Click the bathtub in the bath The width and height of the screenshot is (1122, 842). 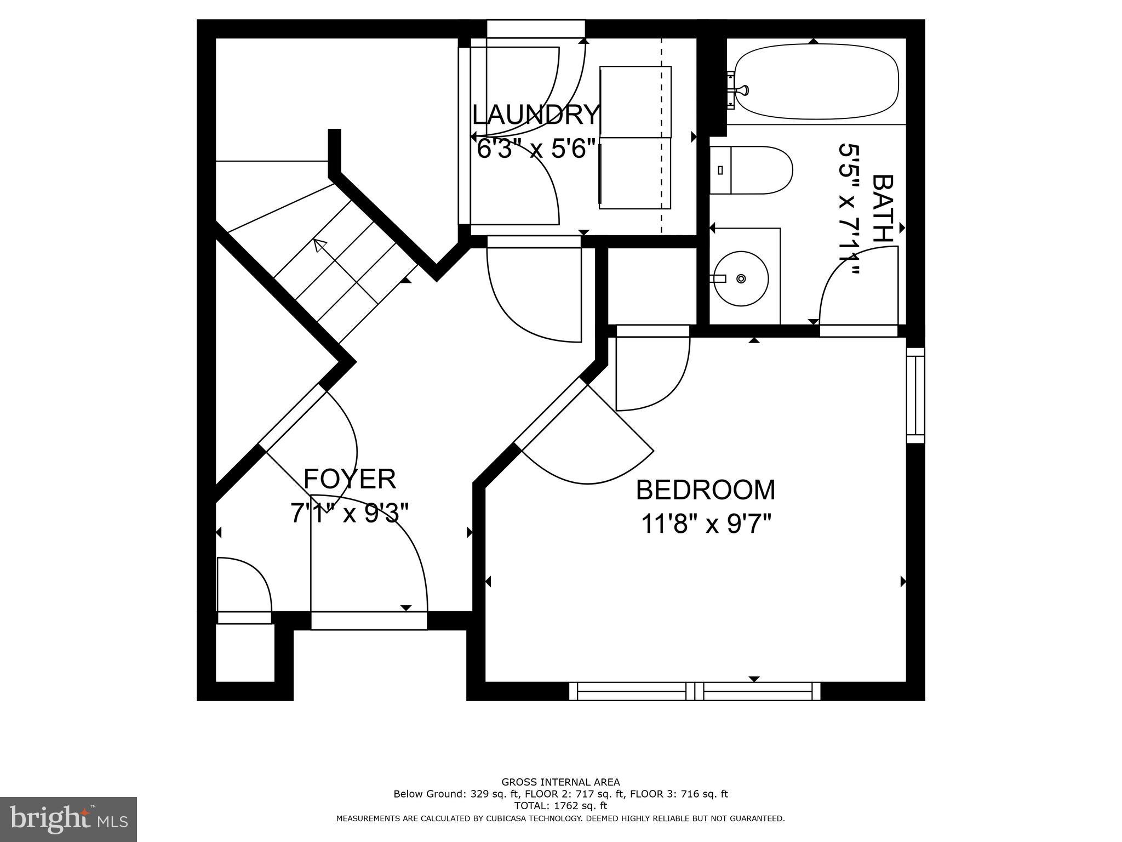coord(816,82)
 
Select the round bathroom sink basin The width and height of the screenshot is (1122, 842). coord(741,278)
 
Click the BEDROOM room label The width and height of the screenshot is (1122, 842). coord(705,490)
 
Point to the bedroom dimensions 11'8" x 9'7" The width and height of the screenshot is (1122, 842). coord(706,524)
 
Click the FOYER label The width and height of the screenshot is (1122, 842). coord(350,479)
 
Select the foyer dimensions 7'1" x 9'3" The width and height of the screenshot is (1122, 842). coord(350,514)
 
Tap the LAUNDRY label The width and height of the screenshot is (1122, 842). coord(536,115)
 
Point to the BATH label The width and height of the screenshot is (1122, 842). coord(882,208)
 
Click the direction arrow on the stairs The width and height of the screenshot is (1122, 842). coord(320,246)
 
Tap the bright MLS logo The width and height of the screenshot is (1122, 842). coord(68,819)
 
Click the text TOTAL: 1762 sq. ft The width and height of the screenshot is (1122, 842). coord(560,806)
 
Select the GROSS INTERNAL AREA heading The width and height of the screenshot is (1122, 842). coord(560,782)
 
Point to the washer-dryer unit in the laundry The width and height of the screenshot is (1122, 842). coord(636,138)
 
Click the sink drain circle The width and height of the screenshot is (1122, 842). coord(741,278)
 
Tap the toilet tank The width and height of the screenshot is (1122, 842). coord(720,170)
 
